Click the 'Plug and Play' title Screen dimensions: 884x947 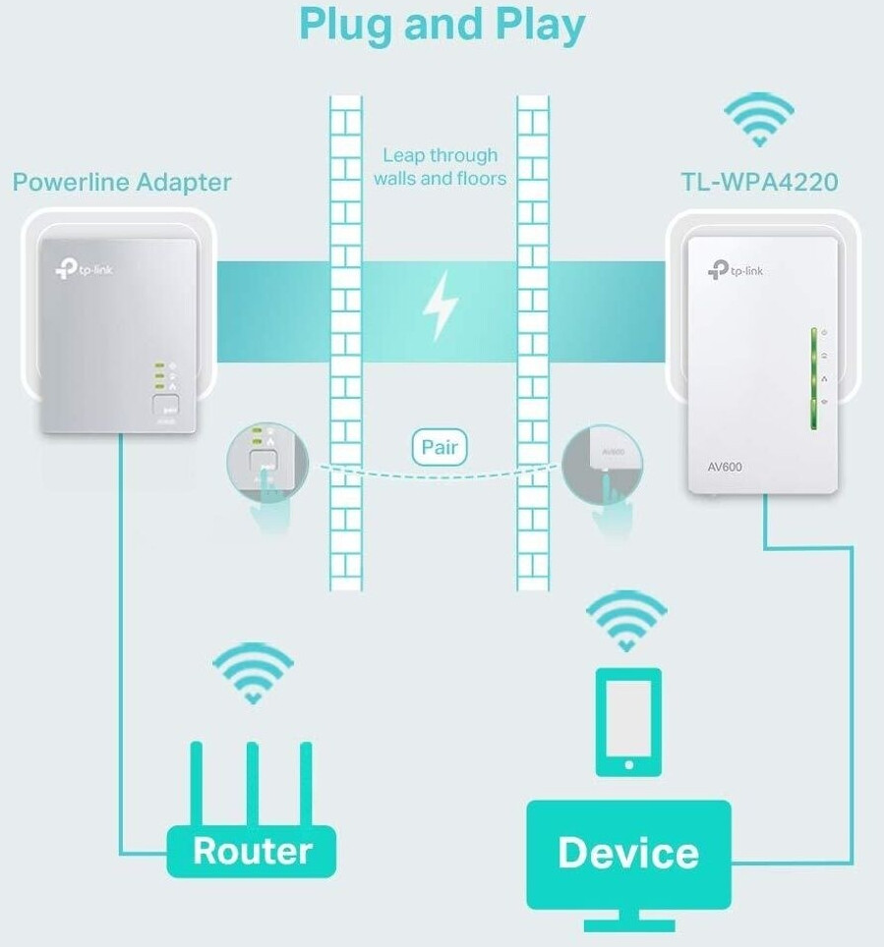442,26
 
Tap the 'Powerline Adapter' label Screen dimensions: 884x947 122,182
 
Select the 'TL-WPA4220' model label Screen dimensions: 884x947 759,182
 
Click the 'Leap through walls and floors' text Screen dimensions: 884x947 440,167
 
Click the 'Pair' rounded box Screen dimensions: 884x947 440,447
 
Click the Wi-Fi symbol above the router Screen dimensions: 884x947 253,673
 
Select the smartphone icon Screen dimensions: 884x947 629,722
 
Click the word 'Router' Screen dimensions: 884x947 252,851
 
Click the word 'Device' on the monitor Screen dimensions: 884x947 628,852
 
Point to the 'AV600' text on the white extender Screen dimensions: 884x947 725,467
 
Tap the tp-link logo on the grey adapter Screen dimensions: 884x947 84,269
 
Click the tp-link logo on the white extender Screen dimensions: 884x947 735,270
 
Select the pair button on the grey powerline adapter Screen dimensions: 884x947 165,405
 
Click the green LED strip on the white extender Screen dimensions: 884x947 814,378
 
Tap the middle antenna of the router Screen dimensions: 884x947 252,784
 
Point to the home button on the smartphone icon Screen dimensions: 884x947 629,765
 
